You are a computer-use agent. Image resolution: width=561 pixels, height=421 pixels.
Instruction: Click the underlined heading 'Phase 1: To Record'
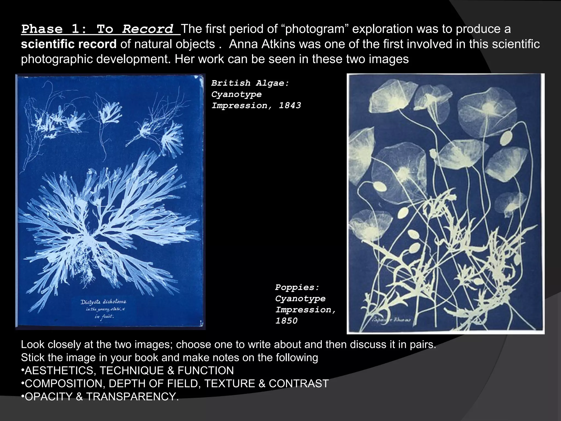[101, 29]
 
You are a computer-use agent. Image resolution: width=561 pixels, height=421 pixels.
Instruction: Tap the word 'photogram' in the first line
[317, 29]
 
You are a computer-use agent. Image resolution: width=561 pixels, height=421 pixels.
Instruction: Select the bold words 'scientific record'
[69, 44]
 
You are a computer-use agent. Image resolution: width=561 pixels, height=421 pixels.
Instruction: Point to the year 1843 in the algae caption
[290, 106]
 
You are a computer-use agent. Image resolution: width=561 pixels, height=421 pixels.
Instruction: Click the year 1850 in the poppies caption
[286, 321]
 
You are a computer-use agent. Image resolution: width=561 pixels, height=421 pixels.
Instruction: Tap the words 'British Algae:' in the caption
[250, 83]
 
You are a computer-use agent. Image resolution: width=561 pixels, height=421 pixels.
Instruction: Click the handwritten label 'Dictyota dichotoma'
[103, 302]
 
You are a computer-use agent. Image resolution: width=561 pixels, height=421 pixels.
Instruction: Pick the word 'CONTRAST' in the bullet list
[299, 384]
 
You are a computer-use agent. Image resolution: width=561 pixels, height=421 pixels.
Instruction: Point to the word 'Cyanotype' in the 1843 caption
[236, 94]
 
